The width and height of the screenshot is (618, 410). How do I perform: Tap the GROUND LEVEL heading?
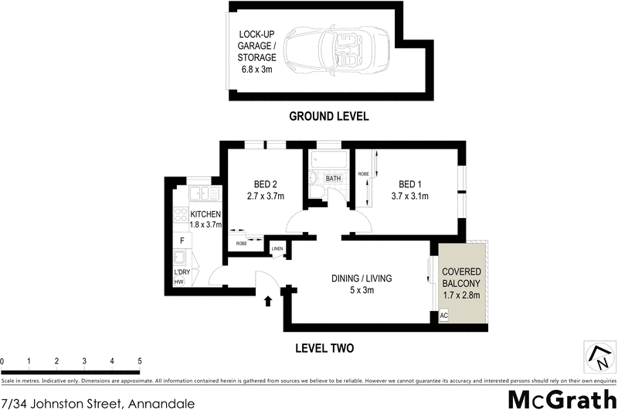pos(328,117)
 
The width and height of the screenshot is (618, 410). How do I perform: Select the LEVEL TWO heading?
pos(324,348)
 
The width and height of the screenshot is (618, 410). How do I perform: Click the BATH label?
pos(333,179)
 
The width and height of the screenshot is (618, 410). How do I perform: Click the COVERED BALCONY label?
pos(461,283)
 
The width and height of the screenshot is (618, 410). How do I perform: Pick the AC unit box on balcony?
pos(443,316)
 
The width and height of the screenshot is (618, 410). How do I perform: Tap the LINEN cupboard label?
pos(277,248)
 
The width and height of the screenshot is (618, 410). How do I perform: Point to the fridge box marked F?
pos(182,240)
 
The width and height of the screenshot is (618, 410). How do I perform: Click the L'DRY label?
pos(182,272)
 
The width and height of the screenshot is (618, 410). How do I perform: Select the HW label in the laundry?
pos(179,282)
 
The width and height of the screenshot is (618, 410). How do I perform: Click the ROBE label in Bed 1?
pos(362,174)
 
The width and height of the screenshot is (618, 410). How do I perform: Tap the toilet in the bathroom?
pos(314,179)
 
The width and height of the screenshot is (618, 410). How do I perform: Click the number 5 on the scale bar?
pos(140,361)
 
